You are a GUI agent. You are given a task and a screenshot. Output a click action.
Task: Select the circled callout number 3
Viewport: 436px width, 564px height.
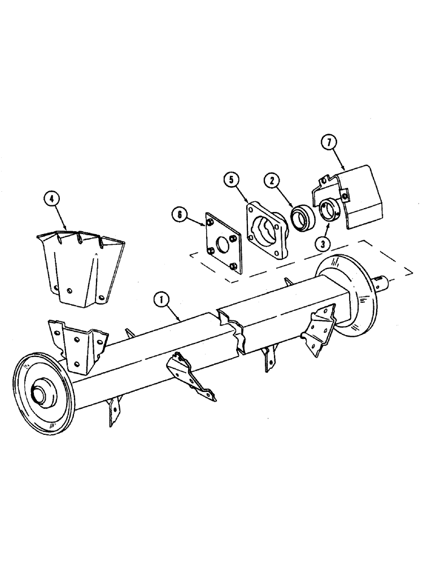324,244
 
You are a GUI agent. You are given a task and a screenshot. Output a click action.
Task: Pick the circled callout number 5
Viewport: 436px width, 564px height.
230,180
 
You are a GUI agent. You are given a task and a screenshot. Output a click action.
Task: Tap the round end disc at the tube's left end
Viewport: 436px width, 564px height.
42,389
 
